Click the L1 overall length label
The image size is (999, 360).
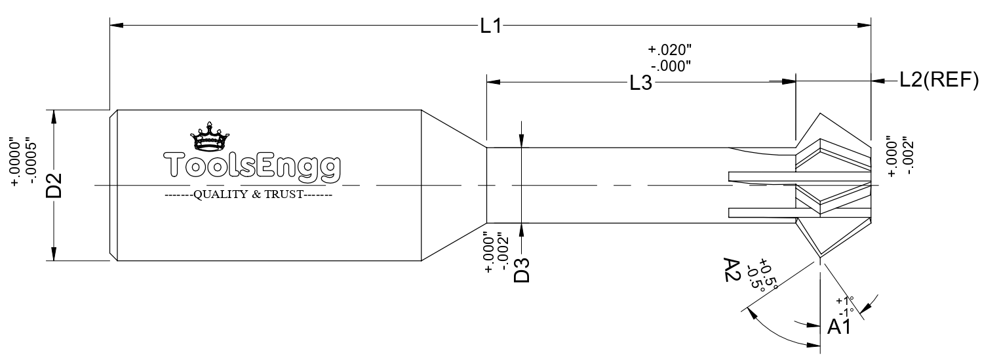pyautogui.click(x=490, y=26)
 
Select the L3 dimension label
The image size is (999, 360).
pyautogui.click(x=640, y=83)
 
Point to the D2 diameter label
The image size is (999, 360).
pyautogui.click(x=54, y=186)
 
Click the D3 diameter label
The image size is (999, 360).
pyautogui.click(x=521, y=270)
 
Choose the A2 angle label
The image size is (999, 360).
pyautogui.click(x=732, y=269)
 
